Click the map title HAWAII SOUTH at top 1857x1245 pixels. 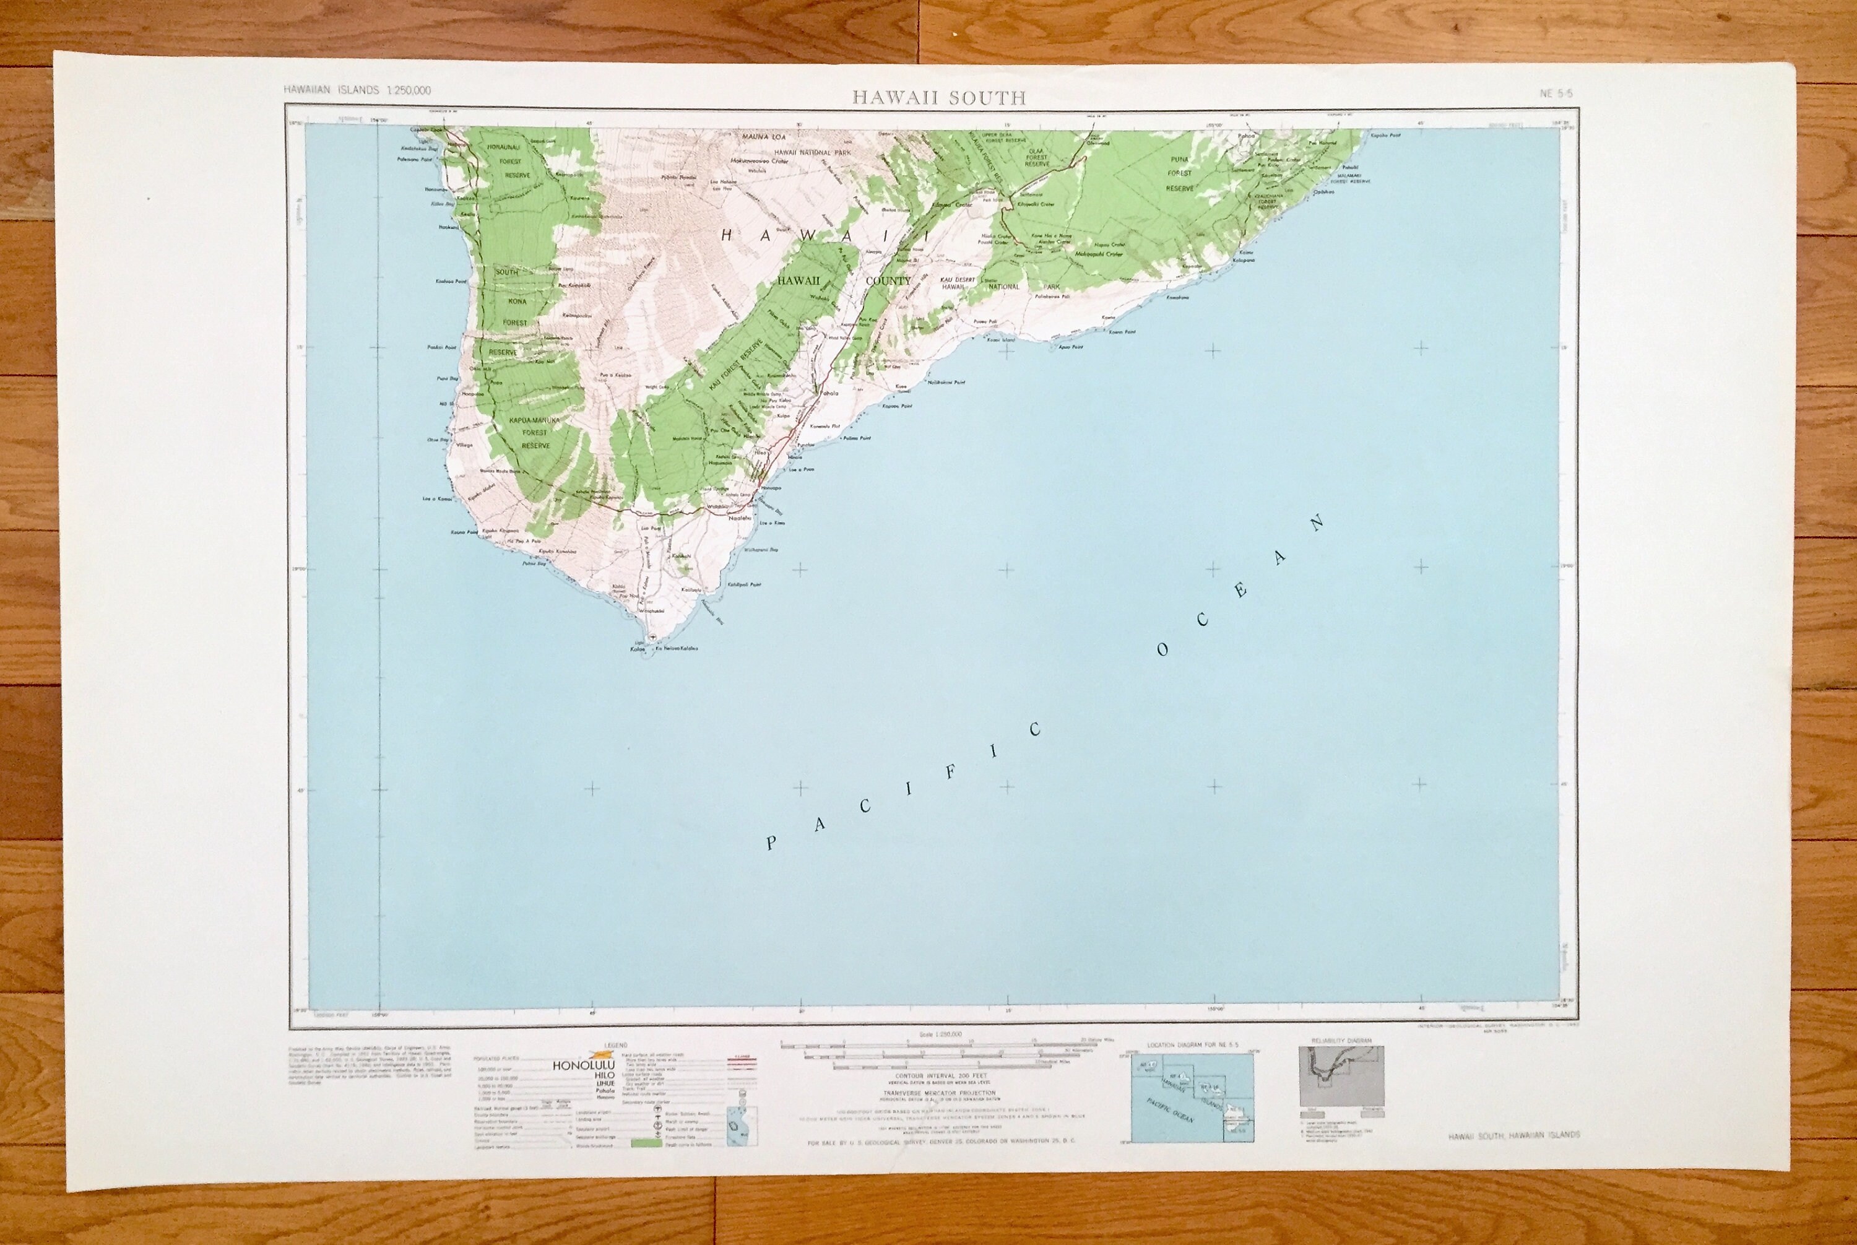[939, 98]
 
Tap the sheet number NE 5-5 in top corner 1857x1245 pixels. [1556, 93]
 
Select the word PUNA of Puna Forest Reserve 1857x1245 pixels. [1180, 160]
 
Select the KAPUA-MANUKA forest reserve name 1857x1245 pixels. [534, 419]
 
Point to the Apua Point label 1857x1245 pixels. [1070, 347]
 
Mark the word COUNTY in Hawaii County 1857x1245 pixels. [888, 281]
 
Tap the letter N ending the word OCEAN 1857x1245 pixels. [1317, 523]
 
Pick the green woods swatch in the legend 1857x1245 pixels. [646, 1144]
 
